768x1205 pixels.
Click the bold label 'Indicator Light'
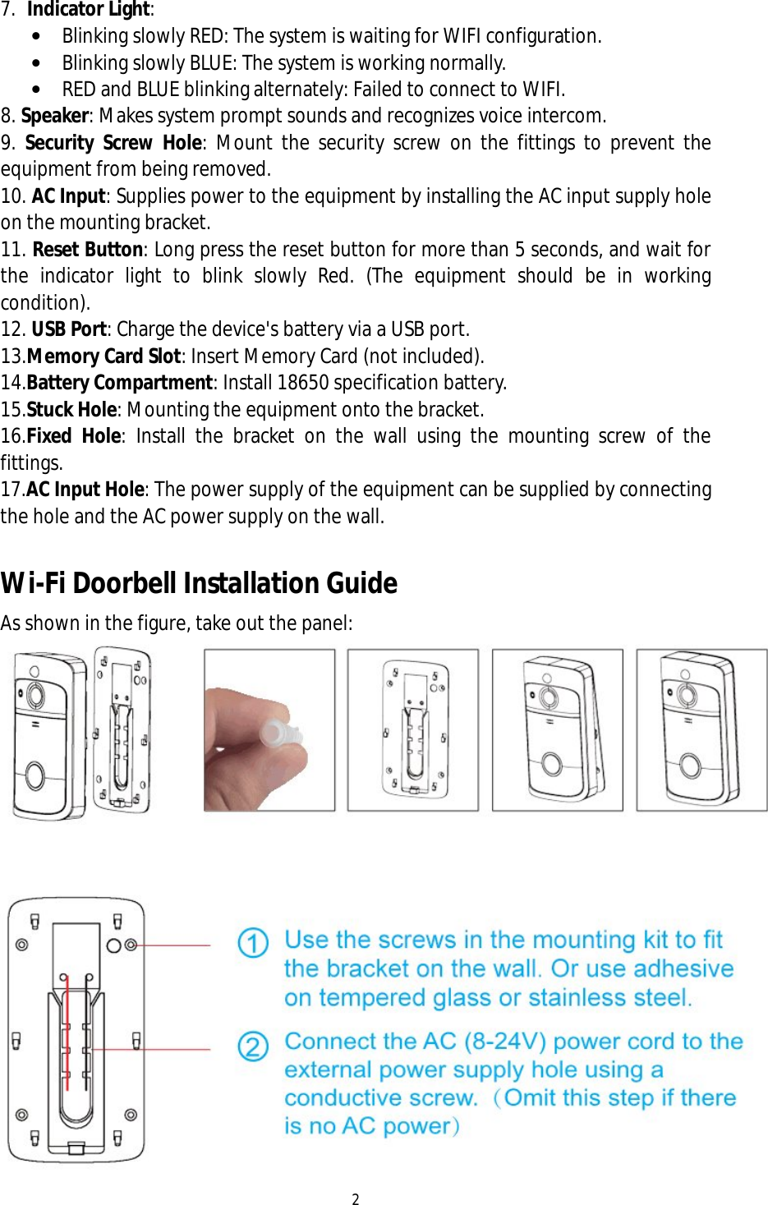click(x=89, y=10)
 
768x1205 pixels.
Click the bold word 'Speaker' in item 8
click(x=54, y=116)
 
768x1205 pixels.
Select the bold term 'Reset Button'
click(x=88, y=250)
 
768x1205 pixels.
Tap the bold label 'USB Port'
click(x=69, y=329)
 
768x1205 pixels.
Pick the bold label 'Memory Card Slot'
click(x=103, y=356)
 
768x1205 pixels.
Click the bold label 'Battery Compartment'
click(x=119, y=383)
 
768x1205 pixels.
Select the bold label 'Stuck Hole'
click(x=71, y=410)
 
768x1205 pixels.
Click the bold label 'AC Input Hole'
click(x=85, y=490)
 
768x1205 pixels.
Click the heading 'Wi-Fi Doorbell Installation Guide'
click(x=199, y=583)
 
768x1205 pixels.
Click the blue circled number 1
click(x=253, y=942)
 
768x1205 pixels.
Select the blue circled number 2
click(x=253, y=1046)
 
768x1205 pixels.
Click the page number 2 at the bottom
click(x=356, y=1198)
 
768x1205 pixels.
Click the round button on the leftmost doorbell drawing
click(x=35, y=774)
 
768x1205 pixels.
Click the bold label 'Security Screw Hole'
click(x=113, y=143)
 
